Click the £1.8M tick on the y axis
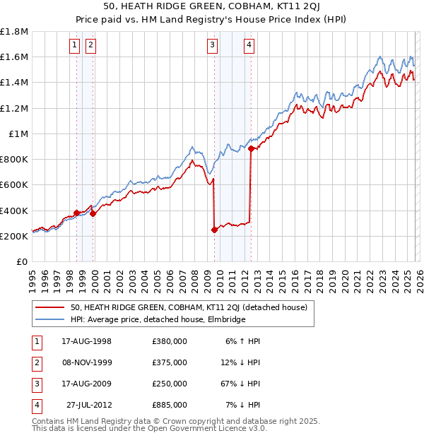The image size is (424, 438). [x=14, y=32]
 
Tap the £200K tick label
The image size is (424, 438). [x=14, y=236]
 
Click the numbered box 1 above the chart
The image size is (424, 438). [x=76, y=45]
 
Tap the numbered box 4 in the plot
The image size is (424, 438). [x=249, y=45]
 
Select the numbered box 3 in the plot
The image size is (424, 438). [x=213, y=45]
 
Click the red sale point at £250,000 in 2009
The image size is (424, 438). [x=214, y=230]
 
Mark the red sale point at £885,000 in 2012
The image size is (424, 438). [x=251, y=148]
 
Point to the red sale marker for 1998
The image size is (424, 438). [x=76, y=213]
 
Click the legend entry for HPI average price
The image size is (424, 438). [x=157, y=320]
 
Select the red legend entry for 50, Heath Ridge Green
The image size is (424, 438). [x=188, y=307]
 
